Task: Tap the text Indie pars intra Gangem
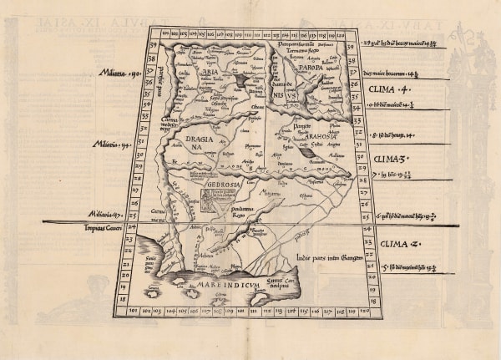coord(330,258)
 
